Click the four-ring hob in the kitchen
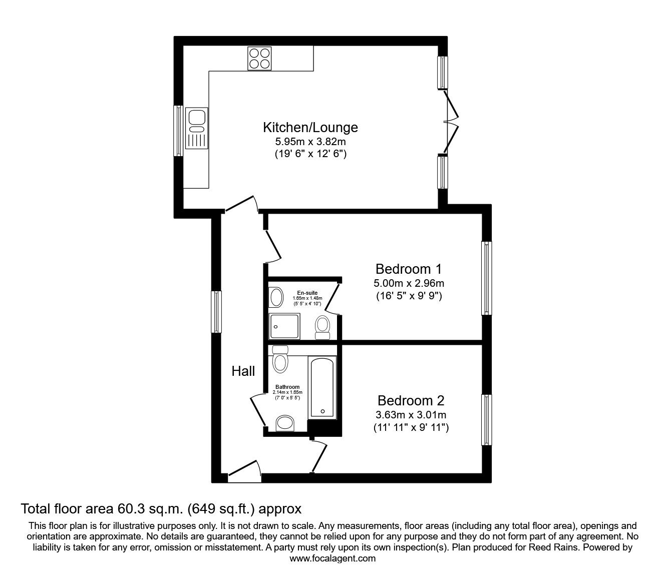coord(259,58)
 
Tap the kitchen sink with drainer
coord(197,128)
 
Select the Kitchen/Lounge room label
coord(310,127)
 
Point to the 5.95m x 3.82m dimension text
coord(310,141)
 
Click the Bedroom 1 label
coord(409,269)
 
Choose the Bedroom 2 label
coord(411,401)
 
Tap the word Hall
coord(243,371)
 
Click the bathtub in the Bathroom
coord(322,387)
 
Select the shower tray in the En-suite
coord(285,326)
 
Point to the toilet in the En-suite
coord(322,328)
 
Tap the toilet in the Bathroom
coord(280,359)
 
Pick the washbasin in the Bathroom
coord(285,423)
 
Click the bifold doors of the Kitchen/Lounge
coord(450,122)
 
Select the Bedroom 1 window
coord(486,278)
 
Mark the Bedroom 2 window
coord(486,420)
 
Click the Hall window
coord(216,312)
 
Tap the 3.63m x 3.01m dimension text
coord(411,415)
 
